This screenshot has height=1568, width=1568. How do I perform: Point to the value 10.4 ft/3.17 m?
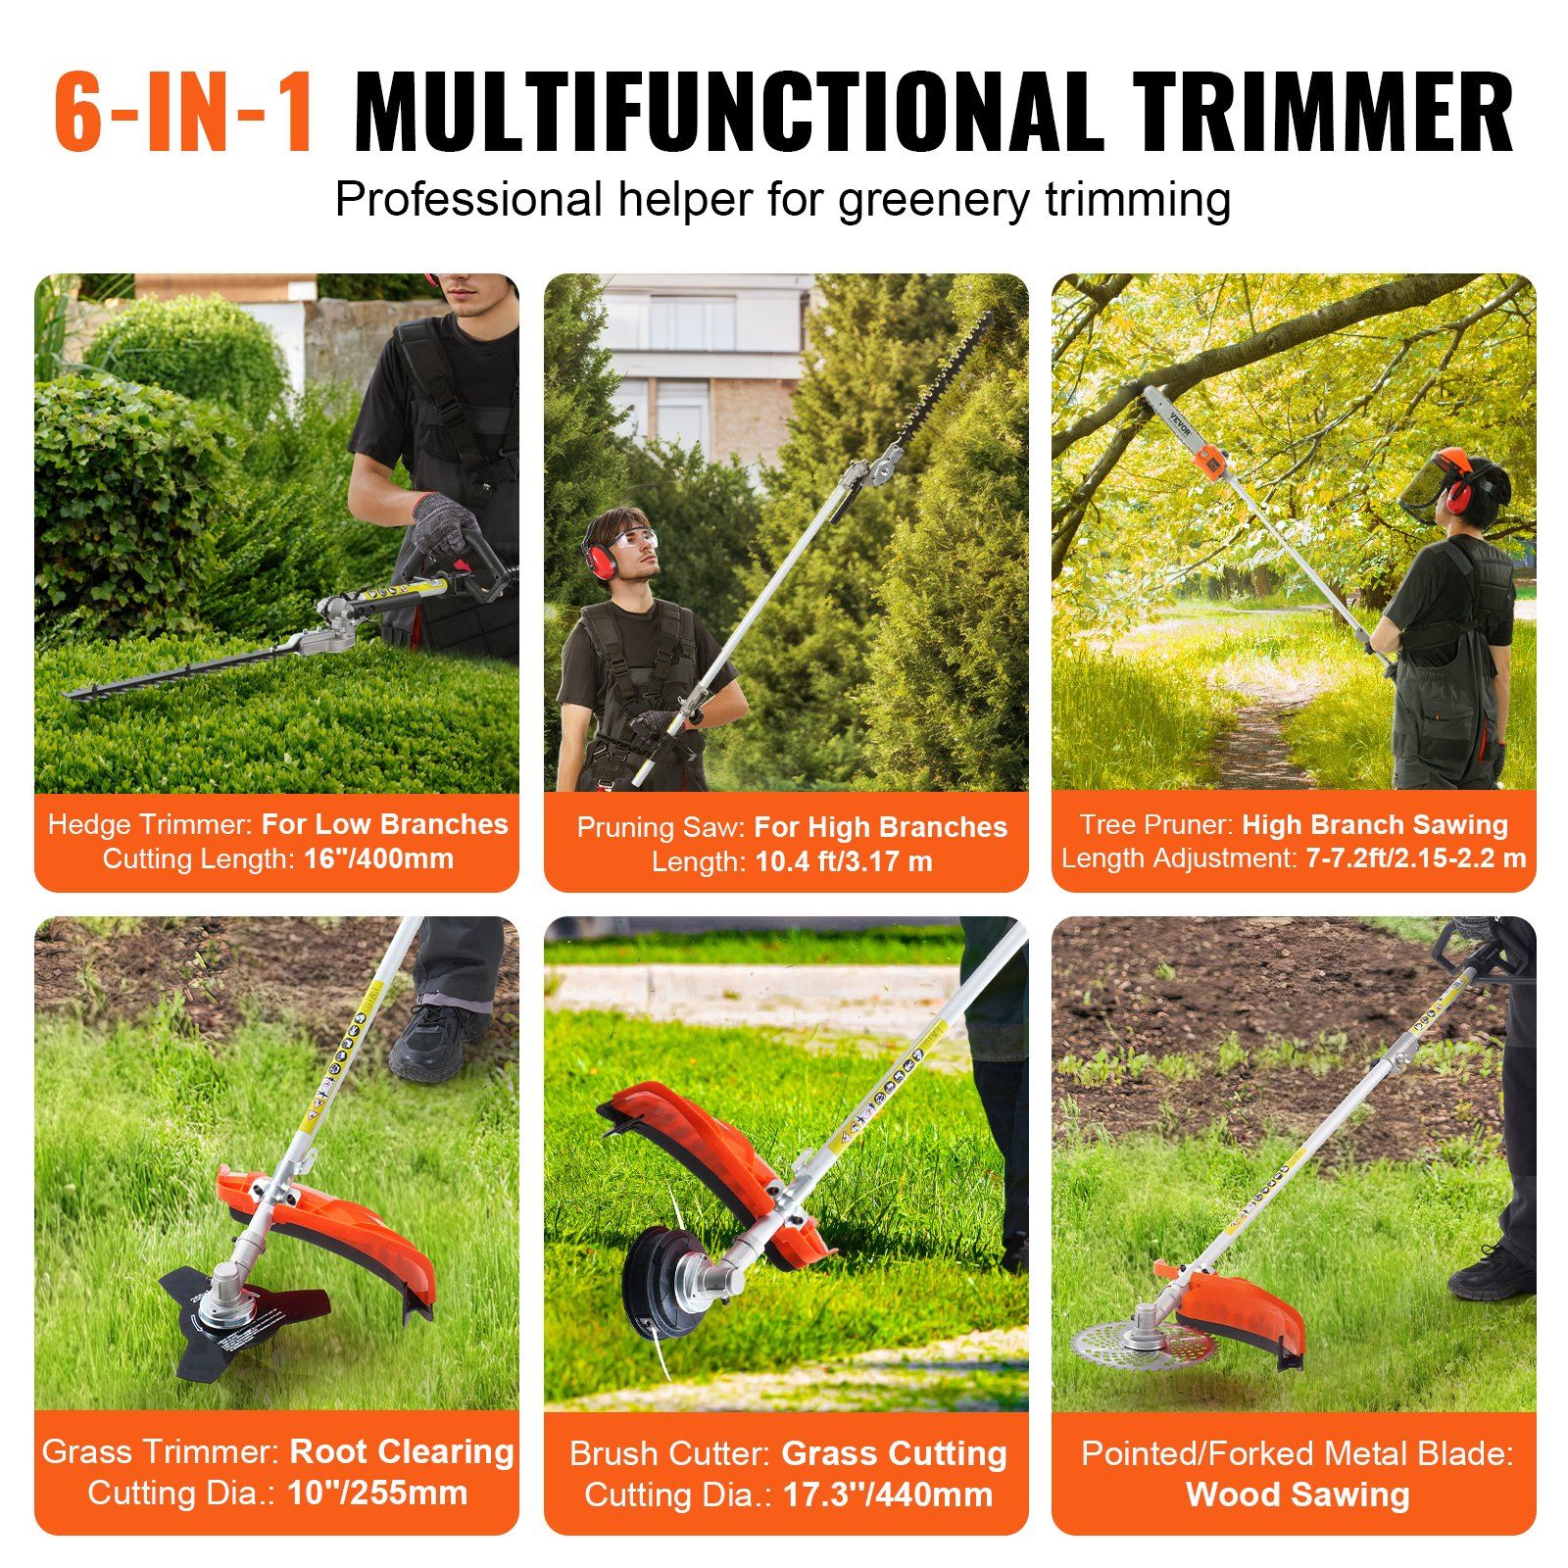click(843, 861)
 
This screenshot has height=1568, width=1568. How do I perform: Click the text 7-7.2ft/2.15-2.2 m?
click(1415, 857)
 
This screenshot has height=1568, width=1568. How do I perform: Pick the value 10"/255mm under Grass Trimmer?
click(377, 1493)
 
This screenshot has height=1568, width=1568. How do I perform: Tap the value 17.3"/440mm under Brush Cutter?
click(886, 1494)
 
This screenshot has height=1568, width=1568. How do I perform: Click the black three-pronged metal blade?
click(245, 1318)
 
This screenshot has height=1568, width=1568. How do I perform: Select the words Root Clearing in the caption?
click(402, 1451)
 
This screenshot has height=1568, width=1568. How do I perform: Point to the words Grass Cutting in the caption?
click(894, 1453)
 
